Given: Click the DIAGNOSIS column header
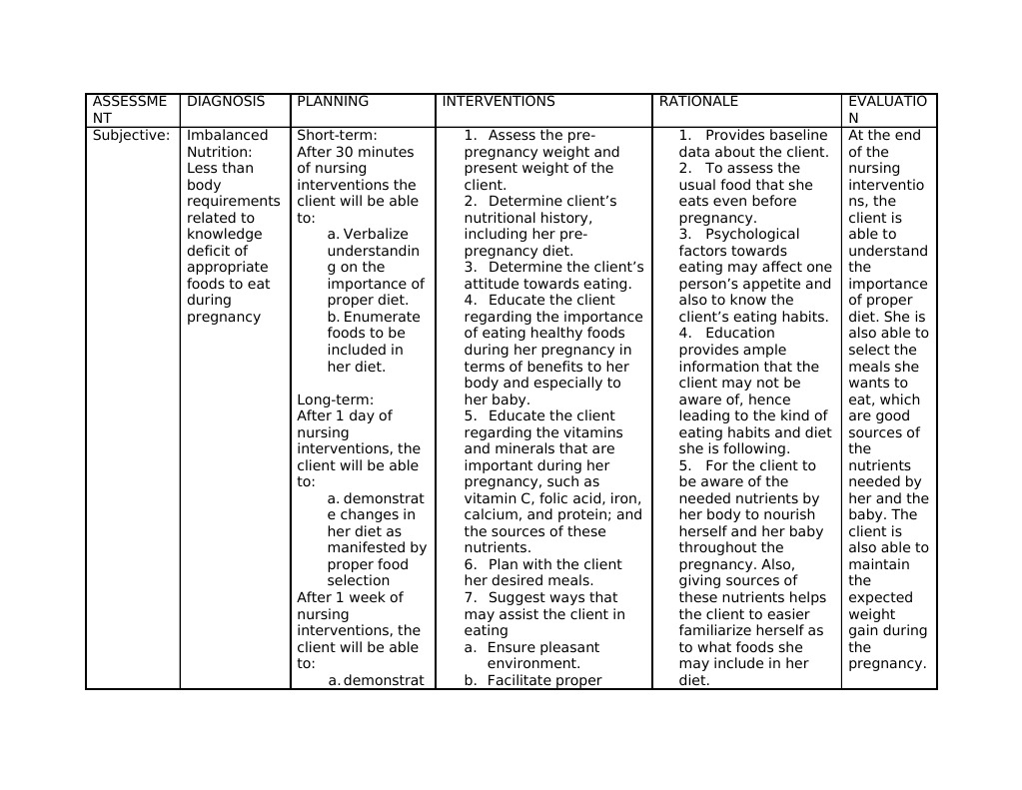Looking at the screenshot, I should tap(226, 102).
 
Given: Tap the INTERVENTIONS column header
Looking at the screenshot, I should tap(498, 102).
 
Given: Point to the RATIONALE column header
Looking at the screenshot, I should tap(698, 102).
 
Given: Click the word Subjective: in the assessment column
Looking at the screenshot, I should tap(131, 136).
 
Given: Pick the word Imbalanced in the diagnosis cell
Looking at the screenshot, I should tap(228, 136).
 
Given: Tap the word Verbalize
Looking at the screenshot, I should tap(376, 235).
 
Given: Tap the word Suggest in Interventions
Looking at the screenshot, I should tap(514, 598).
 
